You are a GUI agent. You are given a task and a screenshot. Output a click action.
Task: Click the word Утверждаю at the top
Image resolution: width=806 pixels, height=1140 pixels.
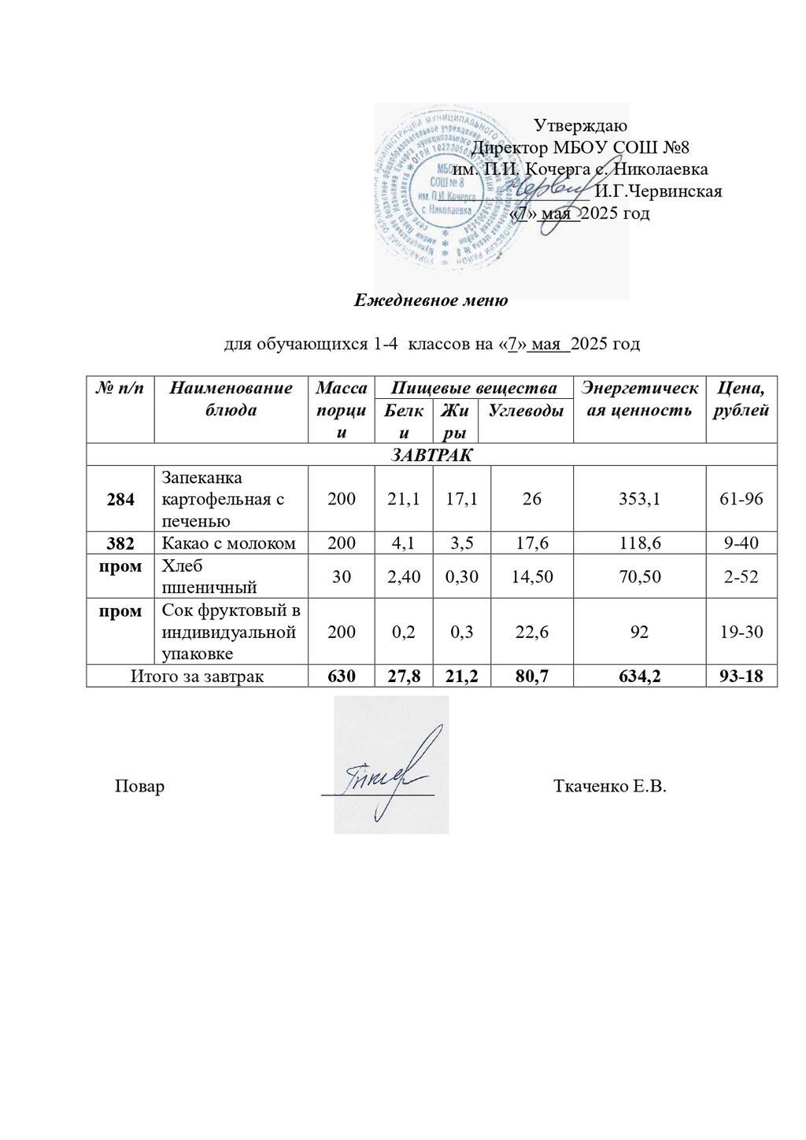pos(580,125)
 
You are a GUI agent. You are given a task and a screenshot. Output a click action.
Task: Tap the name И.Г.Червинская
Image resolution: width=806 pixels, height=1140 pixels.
pos(658,191)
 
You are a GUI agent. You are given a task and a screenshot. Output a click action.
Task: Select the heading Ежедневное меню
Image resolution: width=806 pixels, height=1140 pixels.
pos(431,300)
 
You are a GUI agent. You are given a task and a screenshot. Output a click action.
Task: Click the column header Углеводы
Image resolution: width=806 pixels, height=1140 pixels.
pos(526,410)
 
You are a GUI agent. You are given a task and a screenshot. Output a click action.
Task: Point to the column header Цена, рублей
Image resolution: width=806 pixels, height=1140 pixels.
pos(741,399)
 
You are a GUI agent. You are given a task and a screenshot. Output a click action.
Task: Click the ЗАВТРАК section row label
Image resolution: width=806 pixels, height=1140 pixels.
pos(431,455)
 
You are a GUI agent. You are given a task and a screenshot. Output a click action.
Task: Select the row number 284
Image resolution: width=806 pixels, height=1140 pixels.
pos(120,500)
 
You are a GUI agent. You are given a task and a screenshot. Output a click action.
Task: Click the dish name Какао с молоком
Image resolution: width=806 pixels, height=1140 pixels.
pos(229,543)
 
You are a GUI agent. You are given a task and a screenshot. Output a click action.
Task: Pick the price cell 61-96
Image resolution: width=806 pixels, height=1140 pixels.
pos(741,499)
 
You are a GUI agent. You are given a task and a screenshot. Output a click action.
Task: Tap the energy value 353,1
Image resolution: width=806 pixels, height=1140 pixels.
pos(639,499)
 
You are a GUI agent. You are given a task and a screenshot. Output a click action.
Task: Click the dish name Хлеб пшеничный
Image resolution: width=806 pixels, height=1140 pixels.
pos(209,577)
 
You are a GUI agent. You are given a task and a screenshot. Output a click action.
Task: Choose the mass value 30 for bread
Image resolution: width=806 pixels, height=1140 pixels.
pos(341,577)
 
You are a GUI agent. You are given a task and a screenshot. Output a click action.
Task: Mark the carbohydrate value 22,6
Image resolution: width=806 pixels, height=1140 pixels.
pos(531,632)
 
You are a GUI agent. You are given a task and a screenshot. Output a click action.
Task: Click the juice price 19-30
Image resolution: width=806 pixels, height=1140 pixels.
pos(741,632)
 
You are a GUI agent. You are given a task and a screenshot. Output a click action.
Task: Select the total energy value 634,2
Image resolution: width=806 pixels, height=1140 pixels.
pos(639,676)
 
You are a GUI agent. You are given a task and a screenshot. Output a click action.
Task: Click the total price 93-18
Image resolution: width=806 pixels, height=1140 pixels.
pos(741,676)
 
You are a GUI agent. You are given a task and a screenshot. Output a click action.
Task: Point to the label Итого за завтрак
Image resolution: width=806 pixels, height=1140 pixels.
pos(197,676)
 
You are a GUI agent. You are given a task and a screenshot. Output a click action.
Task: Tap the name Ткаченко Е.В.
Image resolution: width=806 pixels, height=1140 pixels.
pos(609,786)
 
